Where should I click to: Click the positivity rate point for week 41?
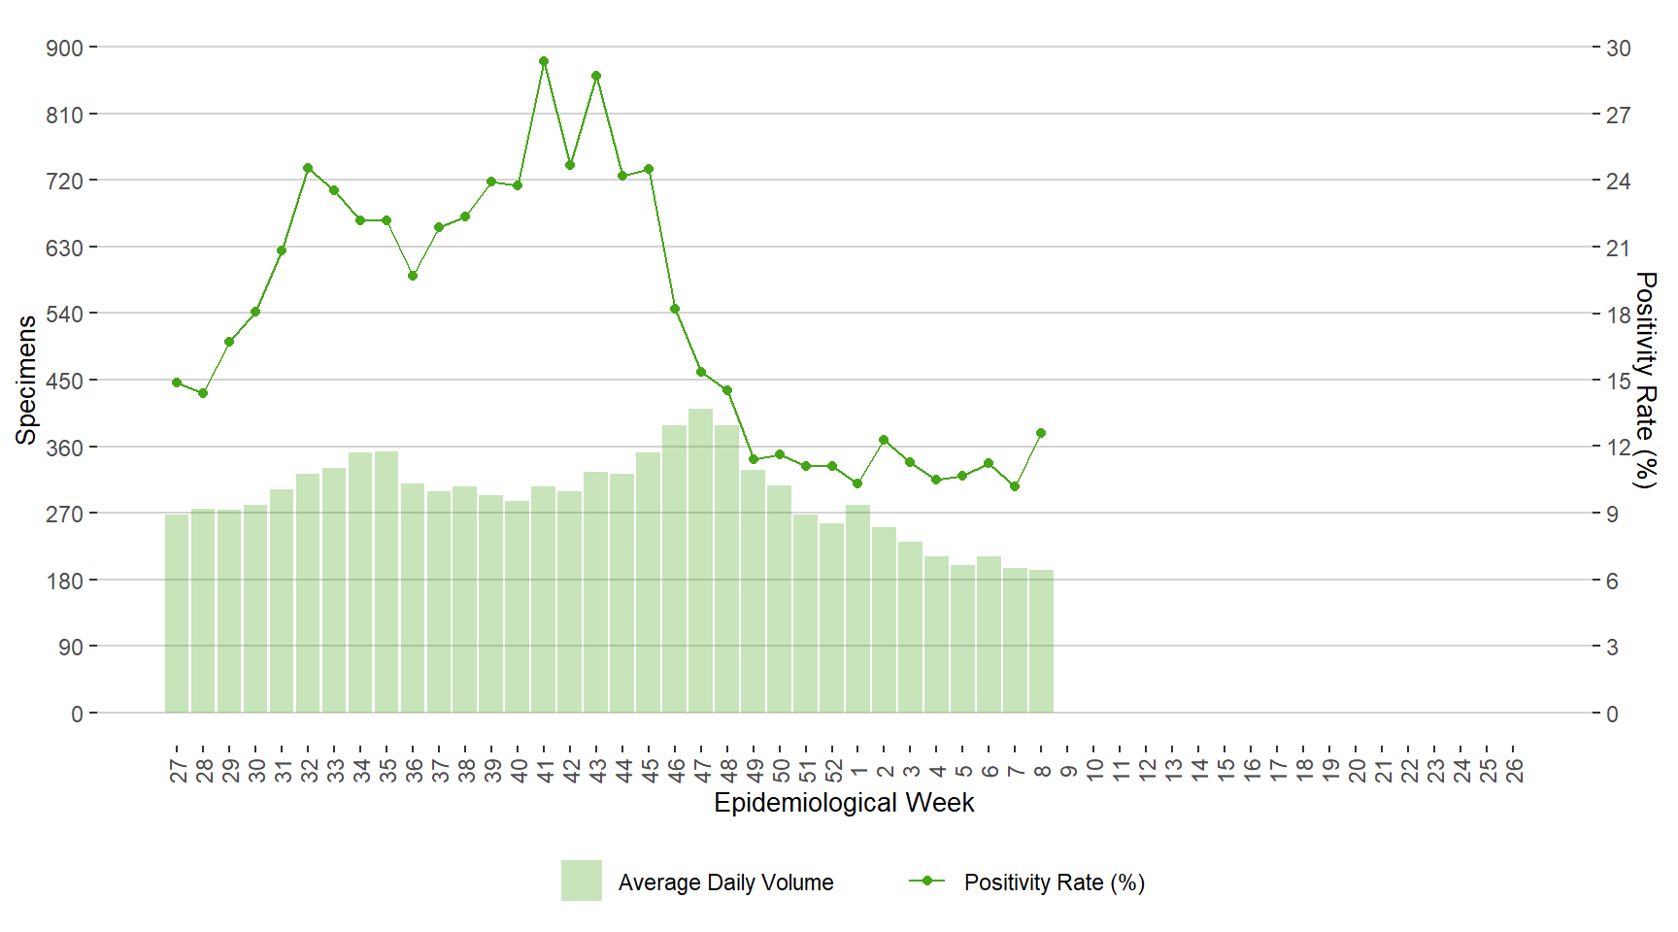click(544, 61)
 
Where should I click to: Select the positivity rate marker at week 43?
click(596, 76)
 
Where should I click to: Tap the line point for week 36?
click(413, 276)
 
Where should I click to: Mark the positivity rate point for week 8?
click(1041, 433)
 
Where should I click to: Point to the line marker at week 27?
click(177, 383)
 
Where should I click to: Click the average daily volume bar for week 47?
click(701, 561)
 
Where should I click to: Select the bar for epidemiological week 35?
click(386, 582)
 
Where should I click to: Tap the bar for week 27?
click(177, 614)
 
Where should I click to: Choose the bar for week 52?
click(832, 618)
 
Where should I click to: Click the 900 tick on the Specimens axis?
click(65, 48)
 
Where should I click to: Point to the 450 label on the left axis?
click(65, 381)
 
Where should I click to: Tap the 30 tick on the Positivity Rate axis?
click(1618, 48)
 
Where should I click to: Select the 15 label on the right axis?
click(1618, 381)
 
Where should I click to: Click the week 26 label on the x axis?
click(1514, 771)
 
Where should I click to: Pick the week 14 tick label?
click(1199, 771)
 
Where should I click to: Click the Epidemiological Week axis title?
click(844, 803)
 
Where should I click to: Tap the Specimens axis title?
click(26, 380)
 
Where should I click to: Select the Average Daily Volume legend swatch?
click(581, 881)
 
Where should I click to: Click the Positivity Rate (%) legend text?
click(1055, 882)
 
